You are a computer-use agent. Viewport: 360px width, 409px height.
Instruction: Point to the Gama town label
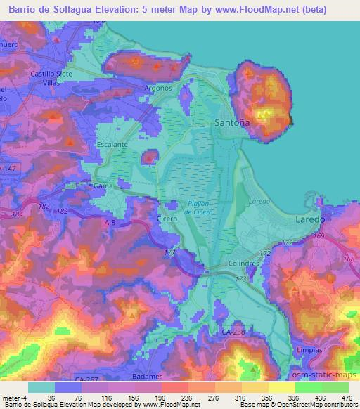pyautogui.click(x=103, y=186)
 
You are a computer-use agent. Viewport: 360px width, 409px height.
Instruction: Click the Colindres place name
pyautogui.click(x=244, y=265)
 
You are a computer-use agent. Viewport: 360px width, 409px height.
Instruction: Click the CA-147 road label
pyautogui.click(x=8, y=169)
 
